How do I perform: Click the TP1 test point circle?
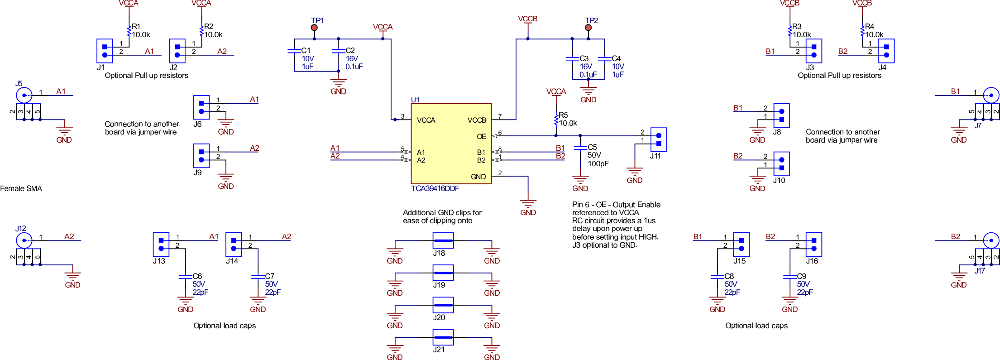pos(314,28)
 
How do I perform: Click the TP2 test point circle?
pos(588,28)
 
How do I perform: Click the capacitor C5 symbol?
pos(580,148)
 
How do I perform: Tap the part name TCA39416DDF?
pos(435,189)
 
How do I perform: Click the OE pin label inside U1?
pos(481,136)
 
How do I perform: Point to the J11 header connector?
pos(659,139)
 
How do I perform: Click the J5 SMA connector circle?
pos(24,96)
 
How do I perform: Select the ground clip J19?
pos(443,273)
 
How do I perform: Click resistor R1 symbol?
pos(129,31)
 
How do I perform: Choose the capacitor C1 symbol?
pos(295,51)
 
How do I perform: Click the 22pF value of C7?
pos(273,293)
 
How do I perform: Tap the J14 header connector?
pos(234,245)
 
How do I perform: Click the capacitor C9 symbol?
pos(790,276)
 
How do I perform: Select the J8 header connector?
pos(782,115)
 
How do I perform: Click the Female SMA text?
pos(21,189)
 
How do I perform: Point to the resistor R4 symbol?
pos(862,31)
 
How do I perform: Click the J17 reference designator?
pos(980,271)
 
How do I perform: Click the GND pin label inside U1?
pos(478,177)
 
